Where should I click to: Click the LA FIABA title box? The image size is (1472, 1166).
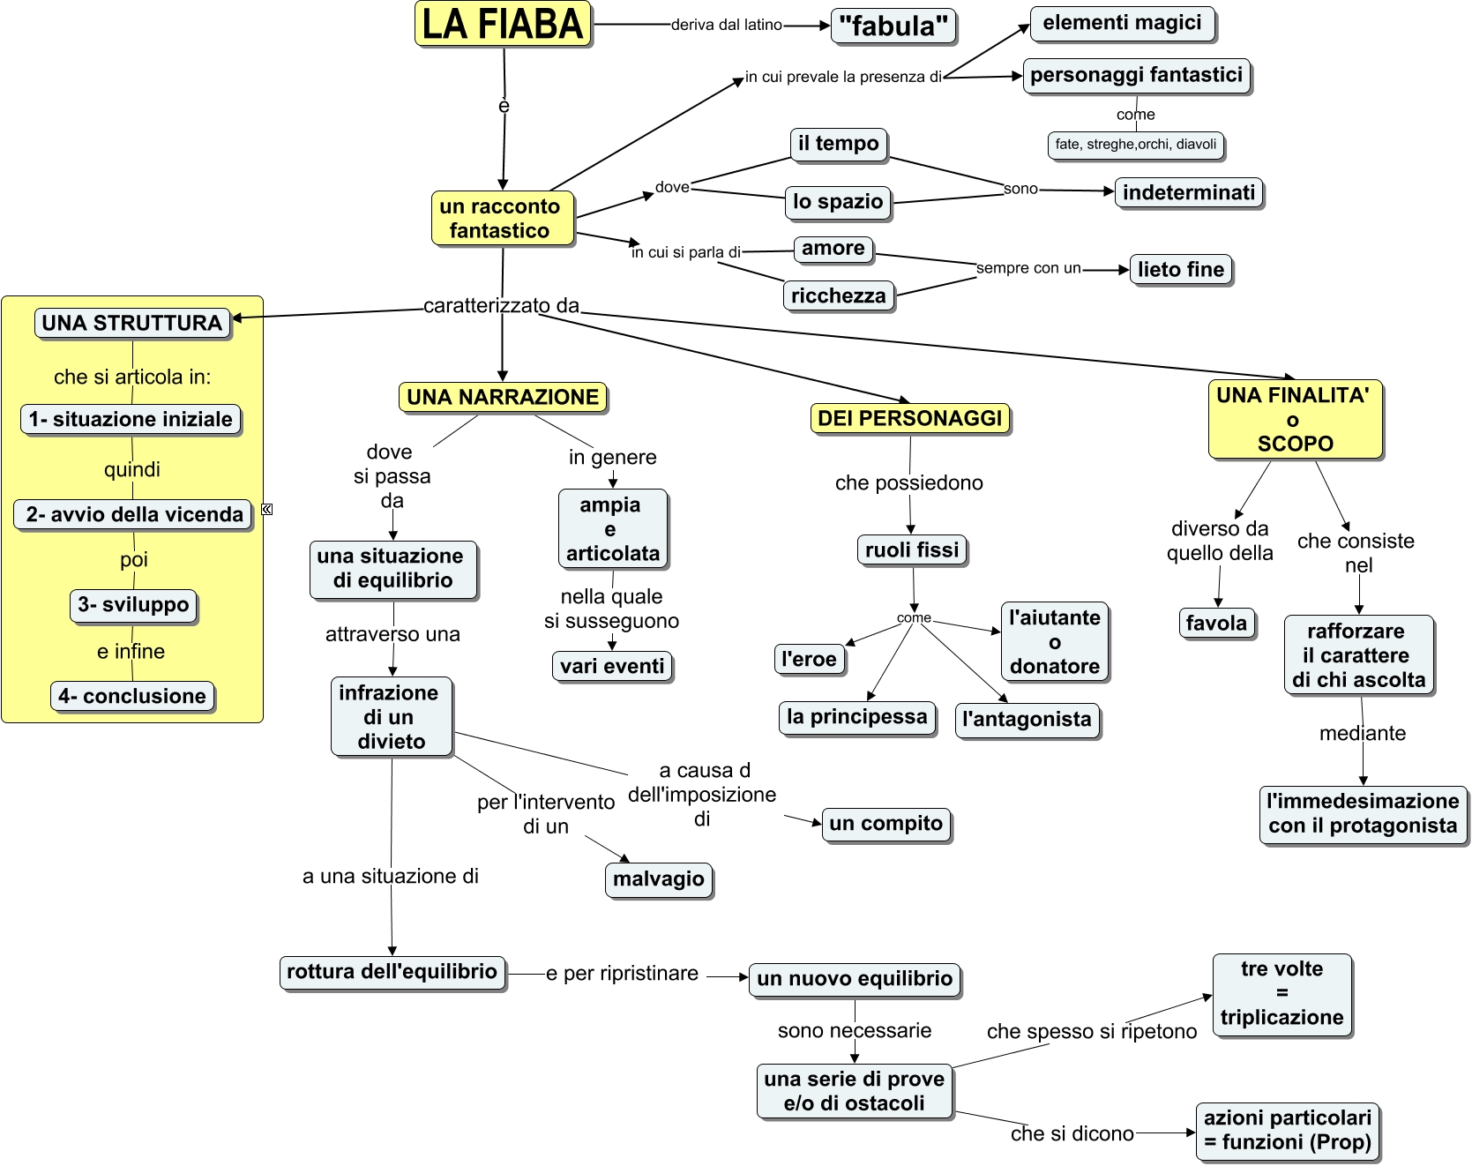(503, 24)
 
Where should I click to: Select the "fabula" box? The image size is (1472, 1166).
(893, 26)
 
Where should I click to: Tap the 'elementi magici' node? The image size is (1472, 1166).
(1122, 23)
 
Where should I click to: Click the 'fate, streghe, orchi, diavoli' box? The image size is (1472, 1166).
(1135, 145)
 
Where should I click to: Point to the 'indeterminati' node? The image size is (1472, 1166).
(1188, 192)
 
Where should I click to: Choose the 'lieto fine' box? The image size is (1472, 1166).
(1180, 269)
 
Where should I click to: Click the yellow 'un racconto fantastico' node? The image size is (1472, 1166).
(502, 218)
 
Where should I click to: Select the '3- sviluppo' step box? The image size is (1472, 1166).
(133, 605)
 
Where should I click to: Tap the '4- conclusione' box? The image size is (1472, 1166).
(132, 696)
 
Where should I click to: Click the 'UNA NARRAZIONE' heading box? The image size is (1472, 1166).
(503, 397)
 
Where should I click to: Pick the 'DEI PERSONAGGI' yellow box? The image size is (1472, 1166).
(909, 418)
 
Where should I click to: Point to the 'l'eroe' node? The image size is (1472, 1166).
(809, 659)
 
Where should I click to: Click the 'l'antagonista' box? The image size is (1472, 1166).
(1027, 719)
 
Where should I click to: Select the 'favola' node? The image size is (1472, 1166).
(1216, 623)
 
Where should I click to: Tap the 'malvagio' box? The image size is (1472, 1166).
(658, 878)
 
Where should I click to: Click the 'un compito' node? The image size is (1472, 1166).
(885, 824)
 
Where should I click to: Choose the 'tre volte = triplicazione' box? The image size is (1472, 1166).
(1281, 993)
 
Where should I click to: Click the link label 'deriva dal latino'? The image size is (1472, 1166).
(726, 25)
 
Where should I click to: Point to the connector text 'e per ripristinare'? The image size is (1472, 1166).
(622, 974)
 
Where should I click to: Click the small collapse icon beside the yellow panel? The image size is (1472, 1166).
(267, 509)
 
